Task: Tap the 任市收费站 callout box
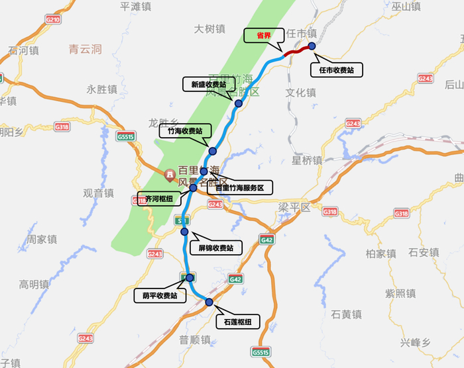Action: pos(337,69)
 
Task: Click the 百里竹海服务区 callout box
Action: pos(239,188)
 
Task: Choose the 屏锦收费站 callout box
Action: pos(215,248)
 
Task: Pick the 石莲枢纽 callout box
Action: pos(234,322)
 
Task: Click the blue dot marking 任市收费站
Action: pos(312,46)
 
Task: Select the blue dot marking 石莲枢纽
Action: pos(209,302)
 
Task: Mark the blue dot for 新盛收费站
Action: pos(238,103)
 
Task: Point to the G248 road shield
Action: pos(353,123)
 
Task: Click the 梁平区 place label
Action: pos(294,207)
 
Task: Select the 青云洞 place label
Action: pos(86,49)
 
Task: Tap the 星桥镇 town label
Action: pos(307,160)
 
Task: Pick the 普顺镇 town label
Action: pos(195,340)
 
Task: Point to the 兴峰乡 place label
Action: pos(416,342)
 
